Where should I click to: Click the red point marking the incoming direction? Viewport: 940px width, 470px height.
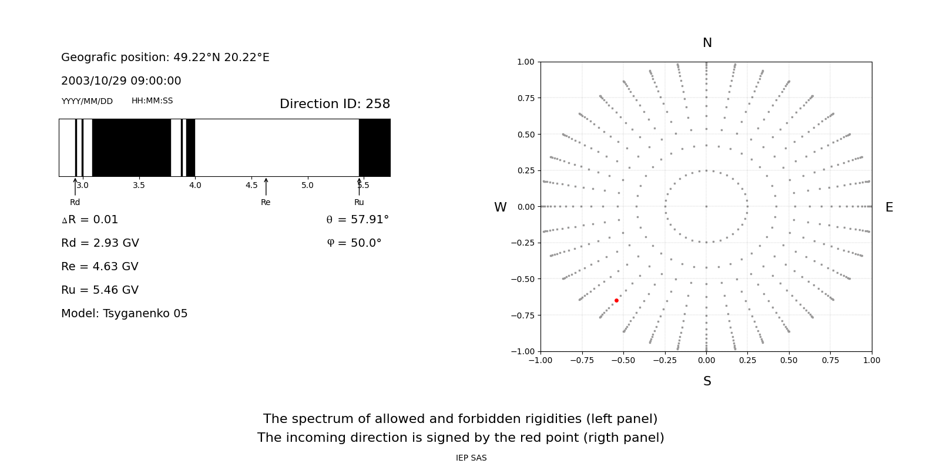[616, 300]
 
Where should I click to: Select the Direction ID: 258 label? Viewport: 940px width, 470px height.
[335, 103]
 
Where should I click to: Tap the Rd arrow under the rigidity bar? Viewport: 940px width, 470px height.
[75, 187]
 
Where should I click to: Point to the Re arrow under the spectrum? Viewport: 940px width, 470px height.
[266, 187]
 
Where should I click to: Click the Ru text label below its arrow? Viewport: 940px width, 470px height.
[359, 202]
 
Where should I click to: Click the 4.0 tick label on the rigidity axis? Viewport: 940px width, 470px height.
[195, 185]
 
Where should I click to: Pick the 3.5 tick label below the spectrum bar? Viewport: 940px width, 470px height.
[139, 185]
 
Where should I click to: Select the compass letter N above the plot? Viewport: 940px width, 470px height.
[707, 43]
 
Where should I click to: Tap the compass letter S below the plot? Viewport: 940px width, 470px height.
[707, 381]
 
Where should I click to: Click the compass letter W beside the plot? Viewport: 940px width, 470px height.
[500, 207]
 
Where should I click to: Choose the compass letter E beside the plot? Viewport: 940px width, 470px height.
[889, 207]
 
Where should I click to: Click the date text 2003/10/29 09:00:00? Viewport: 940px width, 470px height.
[121, 80]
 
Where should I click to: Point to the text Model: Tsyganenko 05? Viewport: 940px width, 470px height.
[124, 314]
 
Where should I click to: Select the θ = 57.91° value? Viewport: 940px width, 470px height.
[358, 220]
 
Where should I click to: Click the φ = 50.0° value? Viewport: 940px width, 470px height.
[354, 243]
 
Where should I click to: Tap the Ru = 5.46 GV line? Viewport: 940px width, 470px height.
[100, 290]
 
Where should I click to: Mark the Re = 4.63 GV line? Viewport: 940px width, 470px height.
[100, 267]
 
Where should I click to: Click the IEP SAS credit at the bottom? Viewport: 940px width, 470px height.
[471, 458]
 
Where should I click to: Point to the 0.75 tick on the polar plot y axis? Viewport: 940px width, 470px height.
[526, 98]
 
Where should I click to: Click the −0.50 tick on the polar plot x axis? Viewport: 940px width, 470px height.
[623, 361]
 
